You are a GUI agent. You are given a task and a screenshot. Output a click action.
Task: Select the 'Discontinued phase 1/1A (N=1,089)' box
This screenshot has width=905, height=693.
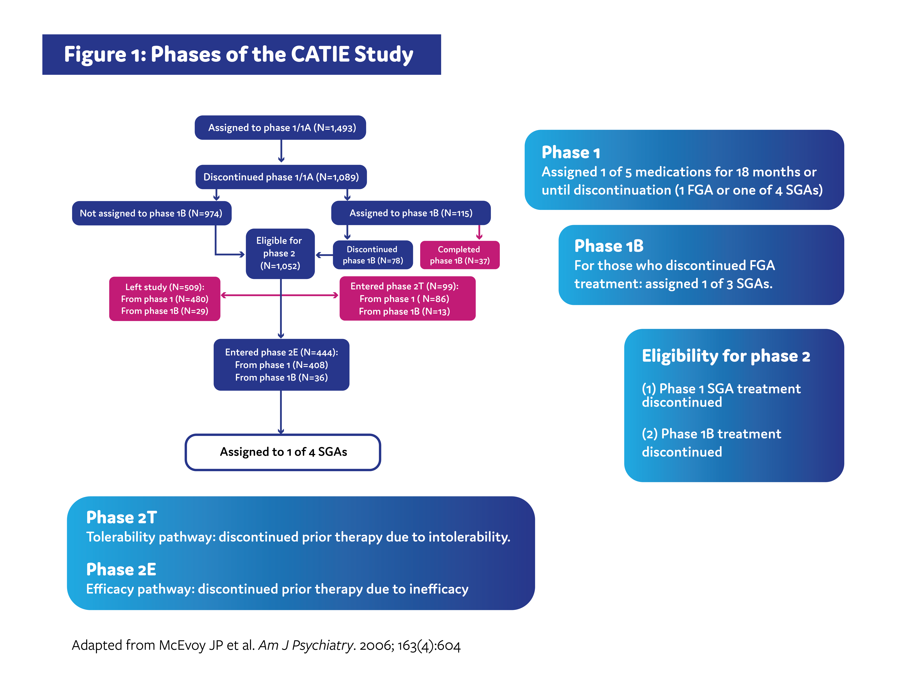coord(281,177)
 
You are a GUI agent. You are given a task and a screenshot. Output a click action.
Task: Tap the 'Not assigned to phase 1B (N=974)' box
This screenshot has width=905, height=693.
coord(151,213)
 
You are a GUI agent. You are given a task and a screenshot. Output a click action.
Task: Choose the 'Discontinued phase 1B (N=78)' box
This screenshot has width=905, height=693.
coord(372,255)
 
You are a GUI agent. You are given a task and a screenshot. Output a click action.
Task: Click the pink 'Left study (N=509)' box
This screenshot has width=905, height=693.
coord(165,299)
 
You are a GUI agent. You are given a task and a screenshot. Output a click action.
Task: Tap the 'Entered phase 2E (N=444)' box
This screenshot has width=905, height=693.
coord(281,365)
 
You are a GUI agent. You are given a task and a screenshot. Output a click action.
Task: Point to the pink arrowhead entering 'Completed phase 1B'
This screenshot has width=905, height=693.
coord(479,237)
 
